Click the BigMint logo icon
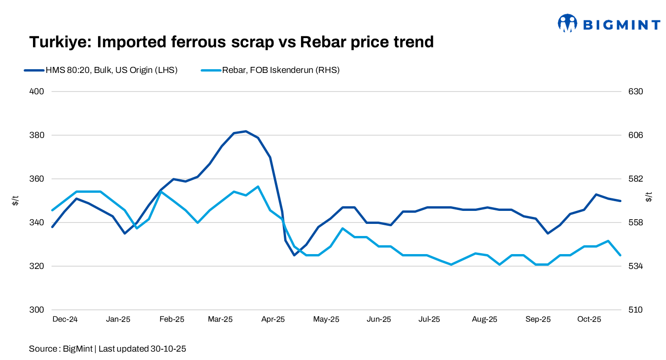[568, 23]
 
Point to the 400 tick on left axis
[37, 92]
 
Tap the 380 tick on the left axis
[37, 135]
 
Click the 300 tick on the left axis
[37, 310]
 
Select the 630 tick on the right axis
[635, 92]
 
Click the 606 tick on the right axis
[635, 135]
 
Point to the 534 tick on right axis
[635, 266]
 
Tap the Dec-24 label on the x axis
[65, 320]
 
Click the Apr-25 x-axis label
[273, 320]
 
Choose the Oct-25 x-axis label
[589, 320]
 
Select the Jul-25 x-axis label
[429, 320]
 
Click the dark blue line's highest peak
[246, 131]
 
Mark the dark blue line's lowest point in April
[294, 255]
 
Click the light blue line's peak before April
[258, 187]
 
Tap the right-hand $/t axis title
[649, 197]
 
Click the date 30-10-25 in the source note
[168, 349]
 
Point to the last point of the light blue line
[620, 255]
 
